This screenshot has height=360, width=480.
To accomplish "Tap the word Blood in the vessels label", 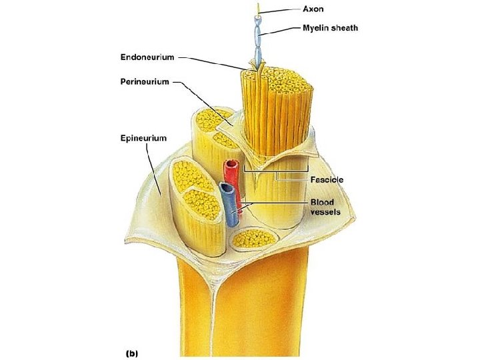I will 322,201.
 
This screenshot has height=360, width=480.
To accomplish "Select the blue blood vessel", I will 229,207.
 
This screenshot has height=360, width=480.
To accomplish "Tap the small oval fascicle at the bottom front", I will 251,237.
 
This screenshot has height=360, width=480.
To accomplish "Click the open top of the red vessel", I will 231,164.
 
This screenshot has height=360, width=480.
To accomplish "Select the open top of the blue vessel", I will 227,189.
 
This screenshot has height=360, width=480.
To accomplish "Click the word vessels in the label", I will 326,211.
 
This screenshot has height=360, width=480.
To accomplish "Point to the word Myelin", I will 317,28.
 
